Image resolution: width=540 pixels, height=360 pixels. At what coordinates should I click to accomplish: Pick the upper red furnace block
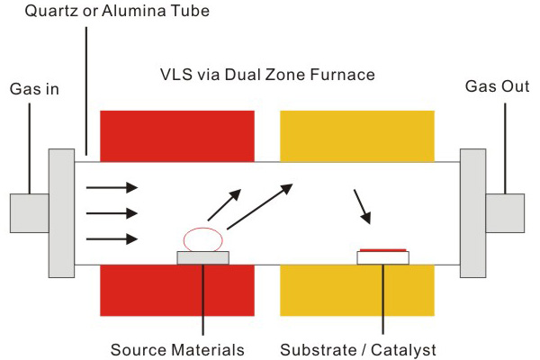(176, 135)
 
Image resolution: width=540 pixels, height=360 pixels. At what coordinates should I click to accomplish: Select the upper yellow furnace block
(358, 135)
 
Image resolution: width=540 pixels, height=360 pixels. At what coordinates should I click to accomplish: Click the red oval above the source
(202, 239)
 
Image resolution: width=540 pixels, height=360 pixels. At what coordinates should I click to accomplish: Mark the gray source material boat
(202, 257)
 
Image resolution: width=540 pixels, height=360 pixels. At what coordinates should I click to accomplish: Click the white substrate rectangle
(383, 257)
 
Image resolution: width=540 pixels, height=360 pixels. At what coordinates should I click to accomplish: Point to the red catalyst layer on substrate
(383, 249)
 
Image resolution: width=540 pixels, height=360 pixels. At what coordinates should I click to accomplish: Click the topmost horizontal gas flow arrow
(112, 187)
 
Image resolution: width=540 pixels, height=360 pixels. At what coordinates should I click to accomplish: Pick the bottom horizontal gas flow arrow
(112, 238)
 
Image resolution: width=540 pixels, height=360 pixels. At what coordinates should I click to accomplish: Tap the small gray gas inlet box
(29, 213)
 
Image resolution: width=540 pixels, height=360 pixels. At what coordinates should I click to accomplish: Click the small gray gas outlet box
(505, 213)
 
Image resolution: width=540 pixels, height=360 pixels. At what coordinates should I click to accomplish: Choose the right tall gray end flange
(472, 212)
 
